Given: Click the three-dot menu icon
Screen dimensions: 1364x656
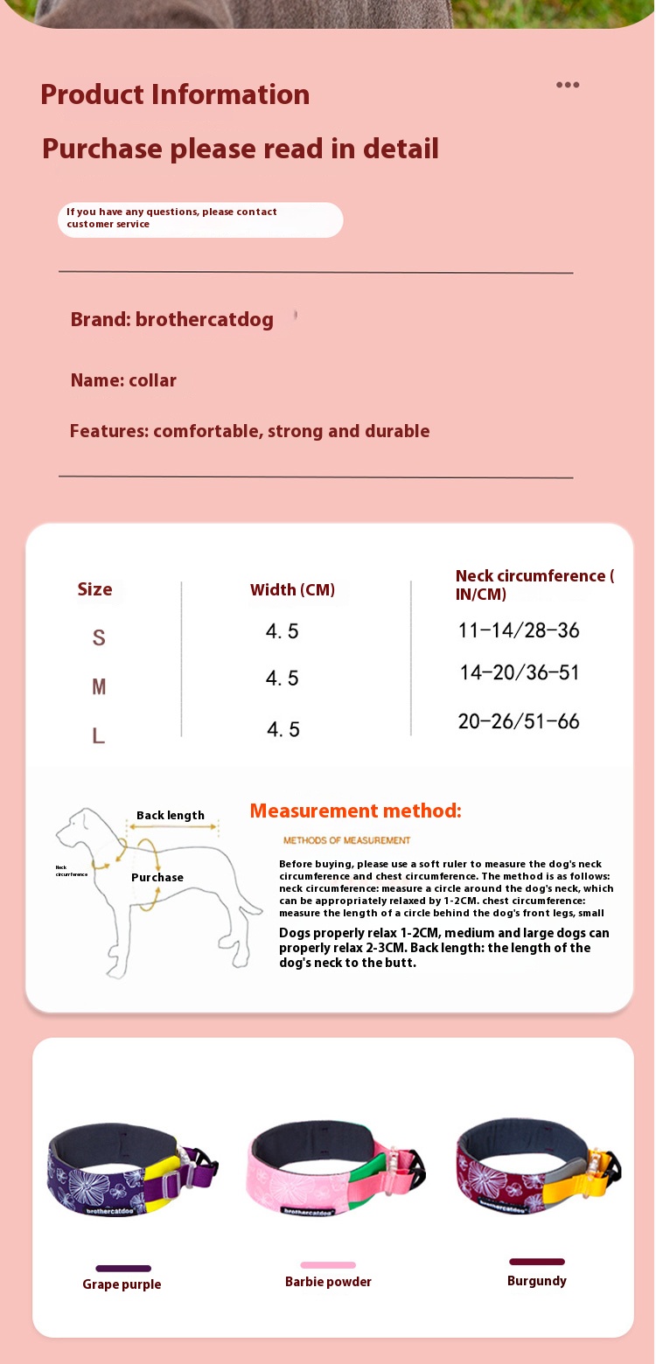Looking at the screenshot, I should tap(568, 85).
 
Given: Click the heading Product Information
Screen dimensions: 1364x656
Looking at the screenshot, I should tap(175, 94).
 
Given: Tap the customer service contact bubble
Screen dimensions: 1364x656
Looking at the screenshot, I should tap(200, 219).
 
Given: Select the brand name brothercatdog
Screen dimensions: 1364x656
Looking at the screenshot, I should tap(205, 319).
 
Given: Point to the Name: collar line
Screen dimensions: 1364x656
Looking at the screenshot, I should tap(123, 380).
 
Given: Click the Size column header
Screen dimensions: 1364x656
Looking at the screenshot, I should tap(94, 589).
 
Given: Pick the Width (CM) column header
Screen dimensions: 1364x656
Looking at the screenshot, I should tap(292, 589).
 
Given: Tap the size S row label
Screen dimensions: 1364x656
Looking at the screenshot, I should tap(99, 637).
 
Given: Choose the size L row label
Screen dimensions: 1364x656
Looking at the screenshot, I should tap(99, 736).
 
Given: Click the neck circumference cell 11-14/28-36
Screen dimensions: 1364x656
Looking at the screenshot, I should tap(519, 630).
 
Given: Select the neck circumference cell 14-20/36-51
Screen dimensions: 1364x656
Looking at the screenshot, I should tap(520, 672).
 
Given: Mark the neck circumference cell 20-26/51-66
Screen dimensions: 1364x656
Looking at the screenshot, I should tap(519, 721).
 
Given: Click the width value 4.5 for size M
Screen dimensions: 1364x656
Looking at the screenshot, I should tap(283, 679).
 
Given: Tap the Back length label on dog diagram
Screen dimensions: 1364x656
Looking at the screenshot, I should tap(171, 816).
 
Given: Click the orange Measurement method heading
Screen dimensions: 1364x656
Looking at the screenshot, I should tap(355, 811).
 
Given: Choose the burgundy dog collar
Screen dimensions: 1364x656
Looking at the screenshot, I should tap(535, 1167).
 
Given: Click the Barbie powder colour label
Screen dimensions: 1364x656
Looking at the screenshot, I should tap(328, 1282).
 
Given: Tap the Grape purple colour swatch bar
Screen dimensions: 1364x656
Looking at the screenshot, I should tap(123, 1268).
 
